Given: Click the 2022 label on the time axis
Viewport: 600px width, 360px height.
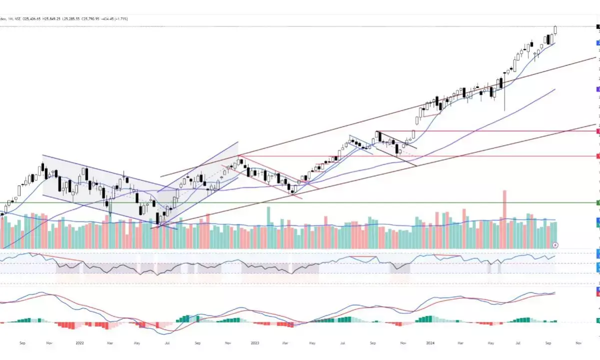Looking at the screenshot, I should pyautogui.click(x=79, y=343).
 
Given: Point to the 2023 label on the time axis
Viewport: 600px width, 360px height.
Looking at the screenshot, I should pyautogui.click(x=255, y=343).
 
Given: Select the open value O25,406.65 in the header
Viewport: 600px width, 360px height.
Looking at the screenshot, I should pyautogui.click(x=32, y=18).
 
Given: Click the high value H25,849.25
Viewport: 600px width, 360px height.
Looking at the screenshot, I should pyautogui.click(x=51, y=18).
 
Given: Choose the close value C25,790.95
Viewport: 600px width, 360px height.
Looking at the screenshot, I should pyautogui.click(x=91, y=18).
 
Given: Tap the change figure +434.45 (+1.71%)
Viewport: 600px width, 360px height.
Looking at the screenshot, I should pyautogui.click(x=114, y=18).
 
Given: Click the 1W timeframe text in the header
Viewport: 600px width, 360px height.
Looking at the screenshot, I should pyautogui.click(x=10, y=18).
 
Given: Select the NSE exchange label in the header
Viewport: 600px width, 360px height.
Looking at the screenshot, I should pyautogui.click(x=18, y=18).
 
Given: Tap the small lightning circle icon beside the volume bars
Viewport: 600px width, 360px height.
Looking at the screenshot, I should pyautogui.click(x=556, y=245).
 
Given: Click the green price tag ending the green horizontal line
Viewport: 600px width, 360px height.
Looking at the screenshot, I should pyautogui.click(x=598, y=202).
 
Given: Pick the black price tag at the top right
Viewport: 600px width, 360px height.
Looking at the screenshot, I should pyautogui.click(x=598, y=26).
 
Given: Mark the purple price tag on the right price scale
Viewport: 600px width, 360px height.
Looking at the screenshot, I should pyautogui.click(x=598, y=89).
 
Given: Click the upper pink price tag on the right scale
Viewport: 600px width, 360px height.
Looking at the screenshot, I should pyautogui.click(x=598, y=131).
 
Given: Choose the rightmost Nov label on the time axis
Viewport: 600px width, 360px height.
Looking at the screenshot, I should pyautogui.click(x=578, y=343).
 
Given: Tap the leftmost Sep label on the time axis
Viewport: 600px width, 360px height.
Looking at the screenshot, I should pyautogui.click(x=22, y=343).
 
